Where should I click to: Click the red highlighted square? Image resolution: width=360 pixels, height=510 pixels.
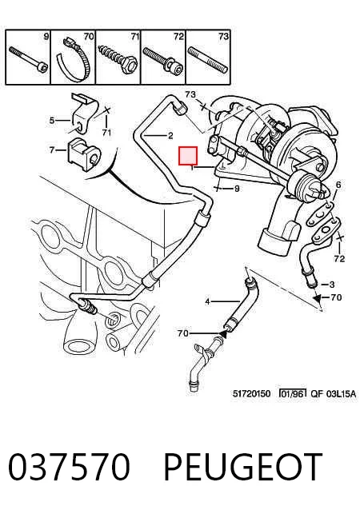click(188, 155)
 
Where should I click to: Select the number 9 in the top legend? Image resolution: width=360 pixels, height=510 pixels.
click(46, 36)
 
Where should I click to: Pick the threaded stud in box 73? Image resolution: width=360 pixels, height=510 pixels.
click(208, 61)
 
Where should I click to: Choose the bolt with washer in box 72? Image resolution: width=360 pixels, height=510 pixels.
click(162, 60)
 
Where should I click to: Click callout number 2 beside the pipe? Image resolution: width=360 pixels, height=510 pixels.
click(170, 135)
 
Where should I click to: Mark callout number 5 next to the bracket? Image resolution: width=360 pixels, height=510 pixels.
click(52, 121)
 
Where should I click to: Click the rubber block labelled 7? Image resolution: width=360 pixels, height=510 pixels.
click(84, 155)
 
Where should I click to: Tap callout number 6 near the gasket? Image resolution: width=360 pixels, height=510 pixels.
click(338, 185)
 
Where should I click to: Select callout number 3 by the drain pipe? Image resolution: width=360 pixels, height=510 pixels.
click(332, 285)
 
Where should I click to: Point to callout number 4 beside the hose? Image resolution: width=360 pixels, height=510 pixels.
click(207, 302)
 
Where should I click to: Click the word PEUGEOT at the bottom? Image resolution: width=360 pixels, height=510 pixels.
click(242, 467)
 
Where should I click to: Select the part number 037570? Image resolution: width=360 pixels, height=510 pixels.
click(69, 467)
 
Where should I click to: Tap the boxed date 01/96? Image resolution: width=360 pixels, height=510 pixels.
click(293, 393)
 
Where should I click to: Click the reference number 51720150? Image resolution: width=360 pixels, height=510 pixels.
click(251, 393)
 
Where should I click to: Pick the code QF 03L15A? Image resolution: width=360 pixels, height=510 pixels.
click(333, 394)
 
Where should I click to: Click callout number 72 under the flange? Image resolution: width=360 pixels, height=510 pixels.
click(339, 259)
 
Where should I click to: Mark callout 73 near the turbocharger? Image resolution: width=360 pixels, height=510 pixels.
click(190, 94)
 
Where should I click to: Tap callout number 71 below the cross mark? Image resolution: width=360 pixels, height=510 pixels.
click(106, 133)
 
